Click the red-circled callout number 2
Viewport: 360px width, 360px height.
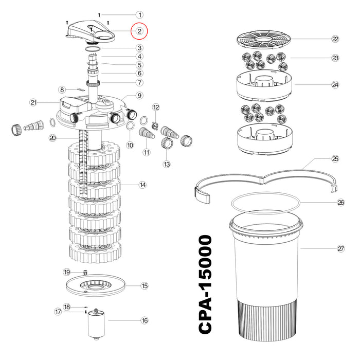coord(139,31)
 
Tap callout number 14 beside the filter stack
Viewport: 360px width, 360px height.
coord(142,185)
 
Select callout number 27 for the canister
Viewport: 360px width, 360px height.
coord(340,248)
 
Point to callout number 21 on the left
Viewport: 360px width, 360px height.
coord(33,102)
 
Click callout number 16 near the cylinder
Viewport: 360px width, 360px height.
coord(145,320)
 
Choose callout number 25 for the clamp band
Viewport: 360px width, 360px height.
coord(335,158)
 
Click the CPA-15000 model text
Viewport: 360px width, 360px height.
coord(205,284)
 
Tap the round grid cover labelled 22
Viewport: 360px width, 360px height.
coord(263,39)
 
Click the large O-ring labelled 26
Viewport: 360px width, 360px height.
coord(266,203)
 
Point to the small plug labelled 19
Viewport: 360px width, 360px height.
coord(85,273)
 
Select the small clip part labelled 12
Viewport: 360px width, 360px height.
coord(155,125)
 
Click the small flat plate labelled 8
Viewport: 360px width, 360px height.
coord(81,89)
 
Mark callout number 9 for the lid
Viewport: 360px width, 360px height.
coord(139,95)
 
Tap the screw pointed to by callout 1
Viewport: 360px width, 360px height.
coord(99,15)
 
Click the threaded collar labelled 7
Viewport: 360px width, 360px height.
coord(93,83)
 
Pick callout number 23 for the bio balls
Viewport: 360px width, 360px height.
coord(335,58)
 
